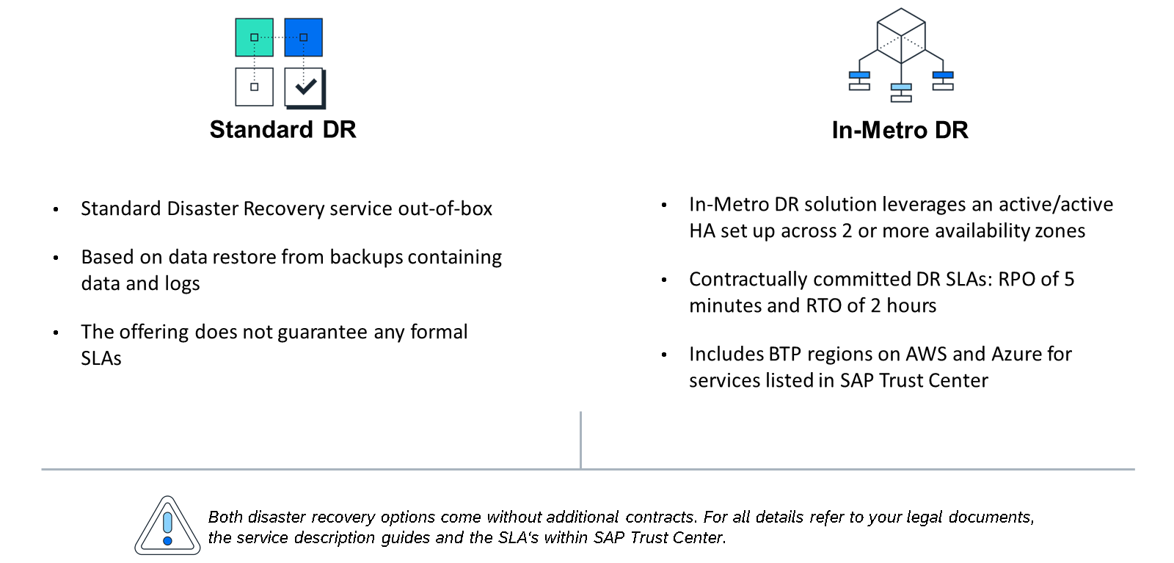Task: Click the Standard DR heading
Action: point(283,129)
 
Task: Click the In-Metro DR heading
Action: point(900,130)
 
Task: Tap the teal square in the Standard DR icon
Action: point(254,37)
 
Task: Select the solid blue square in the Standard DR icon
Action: point(304,37)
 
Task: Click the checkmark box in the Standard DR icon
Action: point(305,87)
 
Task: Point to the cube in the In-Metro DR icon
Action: point(901,36)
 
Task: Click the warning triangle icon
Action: point(168,526)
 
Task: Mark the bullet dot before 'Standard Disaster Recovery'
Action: point(56,210)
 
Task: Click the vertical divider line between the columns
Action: point(580,440)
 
